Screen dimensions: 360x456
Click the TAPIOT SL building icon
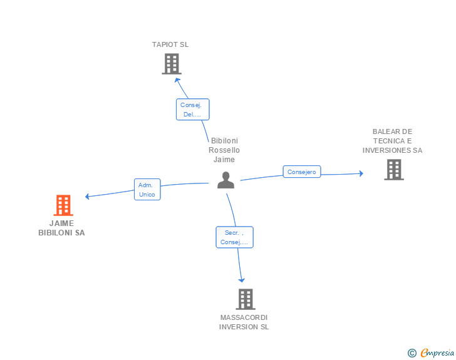tap(171, 64)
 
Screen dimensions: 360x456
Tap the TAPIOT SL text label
tap(170, 44)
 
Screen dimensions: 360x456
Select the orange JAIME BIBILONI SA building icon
tap(63, 205)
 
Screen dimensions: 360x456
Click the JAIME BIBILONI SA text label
tap(61, 228)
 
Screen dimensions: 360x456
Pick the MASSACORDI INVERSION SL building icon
tap(246, 299)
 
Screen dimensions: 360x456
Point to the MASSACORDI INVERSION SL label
tap(244, 322)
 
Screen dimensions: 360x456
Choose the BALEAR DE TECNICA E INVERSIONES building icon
tap(393, 170)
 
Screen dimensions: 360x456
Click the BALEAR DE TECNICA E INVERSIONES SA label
tap(392, 141)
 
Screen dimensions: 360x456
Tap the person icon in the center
tap(225, 180)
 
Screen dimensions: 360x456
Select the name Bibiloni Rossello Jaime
tap(224, 150)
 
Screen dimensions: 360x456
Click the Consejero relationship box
tap(302, 172)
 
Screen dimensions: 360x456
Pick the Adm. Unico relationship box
tap(147, 190)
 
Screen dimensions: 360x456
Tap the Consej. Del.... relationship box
tap(192, 110)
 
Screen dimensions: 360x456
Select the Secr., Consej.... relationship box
tap(235, 237)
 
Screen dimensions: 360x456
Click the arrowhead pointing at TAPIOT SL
tap(178, 79)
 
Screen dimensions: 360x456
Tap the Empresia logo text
tap(437, 353)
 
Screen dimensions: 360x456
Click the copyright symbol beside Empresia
tap(412, 353)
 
